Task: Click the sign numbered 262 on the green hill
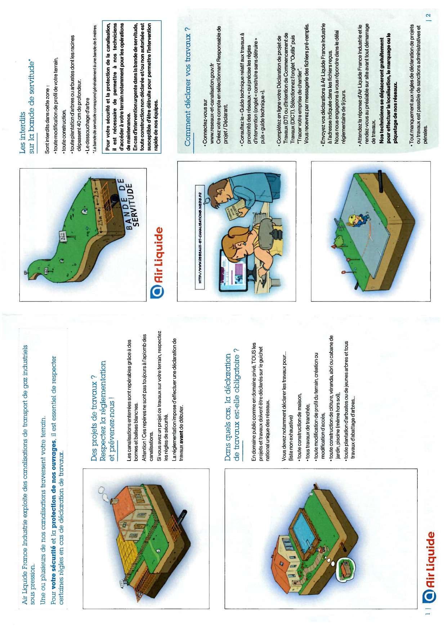click(x=62, y=236)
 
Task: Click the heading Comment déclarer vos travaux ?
click(x=187, y=86)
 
